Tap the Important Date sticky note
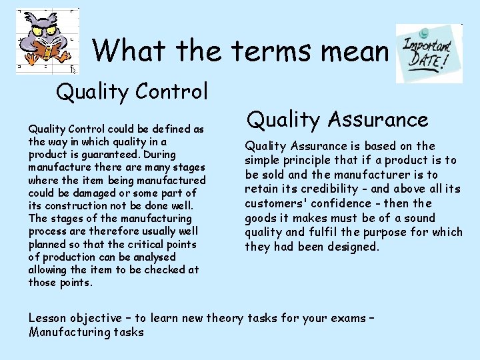click(429, 53)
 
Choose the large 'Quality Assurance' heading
click(337, 119)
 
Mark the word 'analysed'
click(154, 257)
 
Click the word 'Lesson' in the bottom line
click(47, 318)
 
